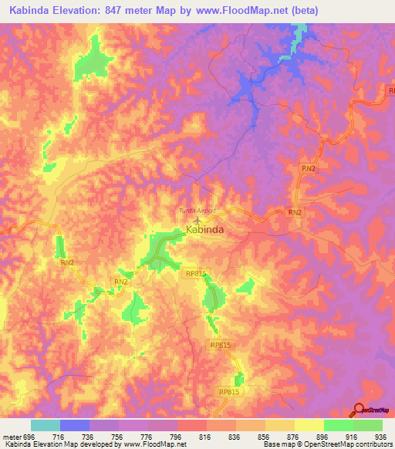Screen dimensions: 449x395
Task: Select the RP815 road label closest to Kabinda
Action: coord(197,272)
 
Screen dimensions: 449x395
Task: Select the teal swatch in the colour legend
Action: coord(46,425)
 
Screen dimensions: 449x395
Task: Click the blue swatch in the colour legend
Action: coord(75,425)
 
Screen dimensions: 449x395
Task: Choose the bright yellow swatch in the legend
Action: coord(309,425)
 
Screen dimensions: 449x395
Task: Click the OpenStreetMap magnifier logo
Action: coord(360,409)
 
